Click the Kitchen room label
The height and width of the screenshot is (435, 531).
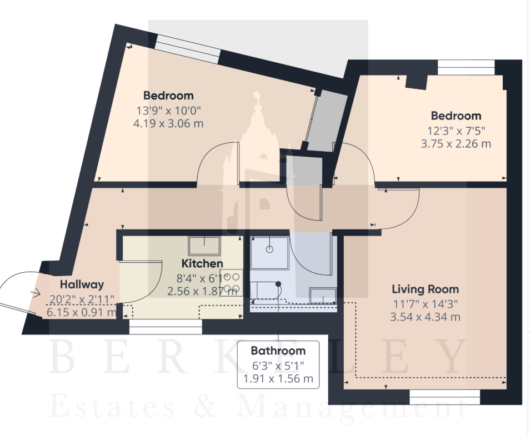coord(202,263)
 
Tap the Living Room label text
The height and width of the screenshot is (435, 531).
coord(425,289)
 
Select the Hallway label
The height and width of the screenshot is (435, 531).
coord(82,284)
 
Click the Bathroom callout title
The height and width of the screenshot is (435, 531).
coord(278,351)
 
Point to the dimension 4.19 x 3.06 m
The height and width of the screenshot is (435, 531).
coord(168,123)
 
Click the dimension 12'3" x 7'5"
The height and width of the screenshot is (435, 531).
coord(456,131)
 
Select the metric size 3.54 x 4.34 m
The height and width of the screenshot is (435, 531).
coord(425,317)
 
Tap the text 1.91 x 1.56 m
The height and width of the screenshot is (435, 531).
coord(278,378)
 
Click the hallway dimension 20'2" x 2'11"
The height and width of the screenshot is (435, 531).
coord(82,299)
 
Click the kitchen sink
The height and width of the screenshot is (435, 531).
coord(204,246)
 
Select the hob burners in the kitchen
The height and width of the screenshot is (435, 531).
coord(232,283)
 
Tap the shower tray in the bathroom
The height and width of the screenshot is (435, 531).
coord(269,253)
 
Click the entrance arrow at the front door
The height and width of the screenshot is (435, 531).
coord(35,293)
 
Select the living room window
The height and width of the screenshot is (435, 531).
coord(445,397)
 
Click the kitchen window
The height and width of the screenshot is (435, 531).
coord(166,327)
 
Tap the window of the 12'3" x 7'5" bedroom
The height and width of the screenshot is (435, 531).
coord(467,67)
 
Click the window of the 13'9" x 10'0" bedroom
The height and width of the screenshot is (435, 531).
coord(187,49)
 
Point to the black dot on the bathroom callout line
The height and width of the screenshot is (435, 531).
coord(278,284)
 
